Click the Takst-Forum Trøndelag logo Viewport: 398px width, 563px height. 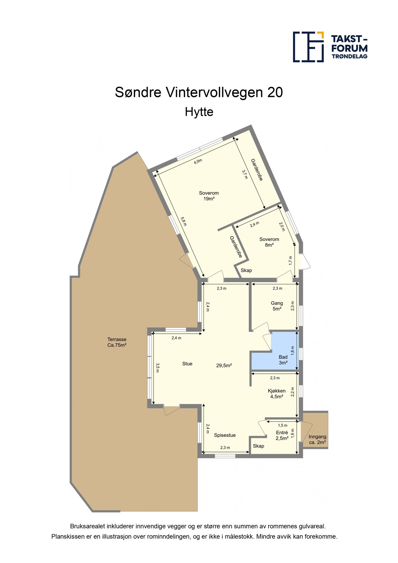[x=330, y=47]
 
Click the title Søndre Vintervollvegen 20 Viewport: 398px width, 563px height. [x=199, y=92]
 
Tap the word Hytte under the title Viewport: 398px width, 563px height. [x=199, y=112]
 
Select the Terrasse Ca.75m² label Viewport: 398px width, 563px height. [x=117, y=342]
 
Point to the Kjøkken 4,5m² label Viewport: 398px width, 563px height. [x=277, y=393]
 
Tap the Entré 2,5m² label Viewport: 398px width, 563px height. [x=282, y=435]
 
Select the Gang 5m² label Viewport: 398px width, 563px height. [x=277, y=306]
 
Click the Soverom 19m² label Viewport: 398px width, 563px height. [x=209, y=195]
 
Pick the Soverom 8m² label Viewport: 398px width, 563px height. [x=269, y=242]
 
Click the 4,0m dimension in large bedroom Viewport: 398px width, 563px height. [x=198, y=161]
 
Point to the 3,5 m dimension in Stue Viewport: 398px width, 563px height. [x=158, y=368]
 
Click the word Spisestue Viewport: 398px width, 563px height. [x=225, y=435]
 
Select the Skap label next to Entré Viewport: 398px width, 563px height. [x=258, y=446]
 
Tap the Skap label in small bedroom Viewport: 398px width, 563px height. [x=246, y=270]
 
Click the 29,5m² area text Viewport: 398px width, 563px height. [x=224, y=365]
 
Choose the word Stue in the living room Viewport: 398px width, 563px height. [x=187, y=363]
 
